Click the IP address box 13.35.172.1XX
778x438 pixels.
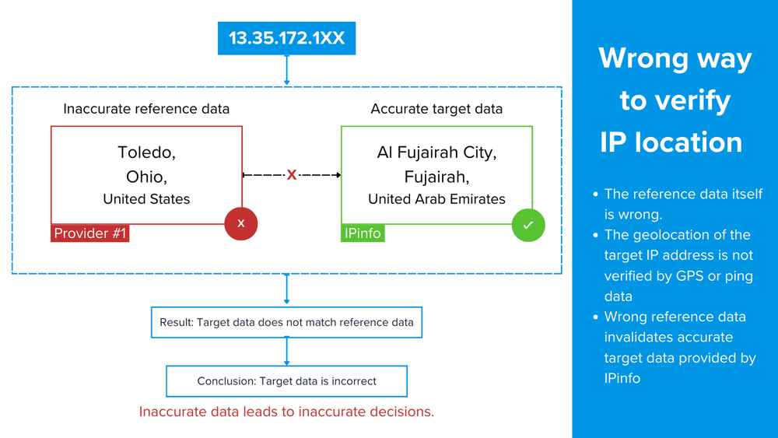click(x=287, y=38)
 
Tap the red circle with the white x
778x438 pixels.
click(x=241, y=224)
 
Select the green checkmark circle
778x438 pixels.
click(x=528, y=225)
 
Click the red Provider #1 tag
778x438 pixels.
click(x=89, y=233)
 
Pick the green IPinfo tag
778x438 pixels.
click(x=363, y=233)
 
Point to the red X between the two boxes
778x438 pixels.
click(x=292, y=174)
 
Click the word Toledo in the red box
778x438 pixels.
click(x=146, y=152)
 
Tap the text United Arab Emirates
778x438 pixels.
click(x=436, y=199)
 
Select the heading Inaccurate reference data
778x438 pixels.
click(x=146, y=109)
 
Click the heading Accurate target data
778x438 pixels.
click(x=436, y=109)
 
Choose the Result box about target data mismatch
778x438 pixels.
click(x=287, y=322)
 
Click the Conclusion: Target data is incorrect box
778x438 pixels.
click(x=287, y=381)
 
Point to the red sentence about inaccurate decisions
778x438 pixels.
click(x=287, y=412)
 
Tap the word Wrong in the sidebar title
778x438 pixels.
click(x=644, y=58)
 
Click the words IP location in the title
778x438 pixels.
click(x=671, y=142)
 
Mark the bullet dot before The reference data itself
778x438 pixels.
click(x=595, y=194)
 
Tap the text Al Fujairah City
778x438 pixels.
click(x=436, y=152)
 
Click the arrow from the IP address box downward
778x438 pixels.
click(x=287, y=70)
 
